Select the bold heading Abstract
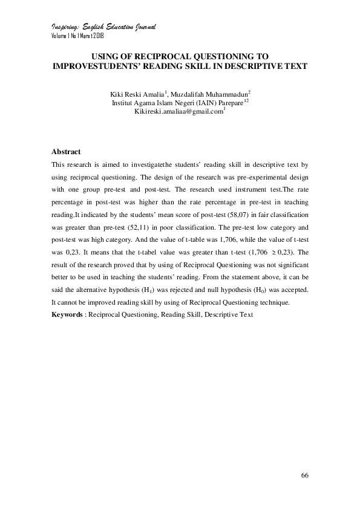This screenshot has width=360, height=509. point(66,151)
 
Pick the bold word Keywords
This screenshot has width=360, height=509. point(67,315)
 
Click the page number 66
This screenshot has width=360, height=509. point(305,476)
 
